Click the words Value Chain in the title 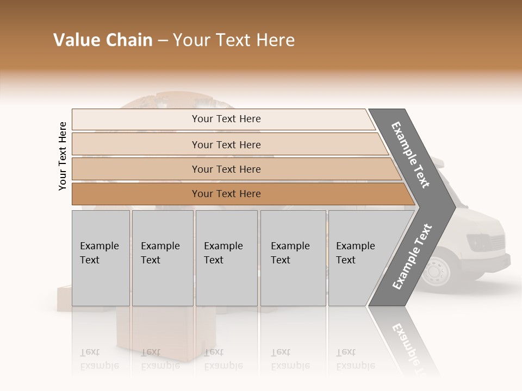pyautogui.click(x=103, y=40)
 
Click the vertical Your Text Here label pyautogui.click(x=63, y=156)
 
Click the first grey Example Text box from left pyautogui.click(x=101, y=258)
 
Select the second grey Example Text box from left pyautogui.click(x=163, y=258)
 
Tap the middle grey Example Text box pyautogui.click(x=226, y=258)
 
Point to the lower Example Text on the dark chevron pyautogui.click(x=412, y=256)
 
